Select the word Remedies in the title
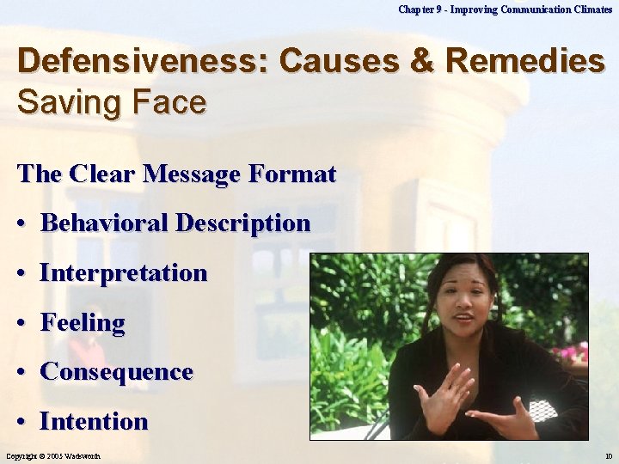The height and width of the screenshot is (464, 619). (525, 62)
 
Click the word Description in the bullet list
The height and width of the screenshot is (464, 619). (242, 223)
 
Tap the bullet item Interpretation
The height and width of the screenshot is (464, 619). (124, 273)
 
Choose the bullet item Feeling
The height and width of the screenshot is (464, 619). (83, 323)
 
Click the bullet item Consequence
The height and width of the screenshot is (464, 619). (116, 372)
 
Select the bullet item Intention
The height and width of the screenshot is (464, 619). (94, 422)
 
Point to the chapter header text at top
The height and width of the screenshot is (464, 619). (506, 9)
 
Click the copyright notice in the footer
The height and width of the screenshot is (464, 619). (53, 455)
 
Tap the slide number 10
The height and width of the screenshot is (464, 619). (608, 455)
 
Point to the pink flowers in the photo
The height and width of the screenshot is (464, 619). (573, 353)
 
